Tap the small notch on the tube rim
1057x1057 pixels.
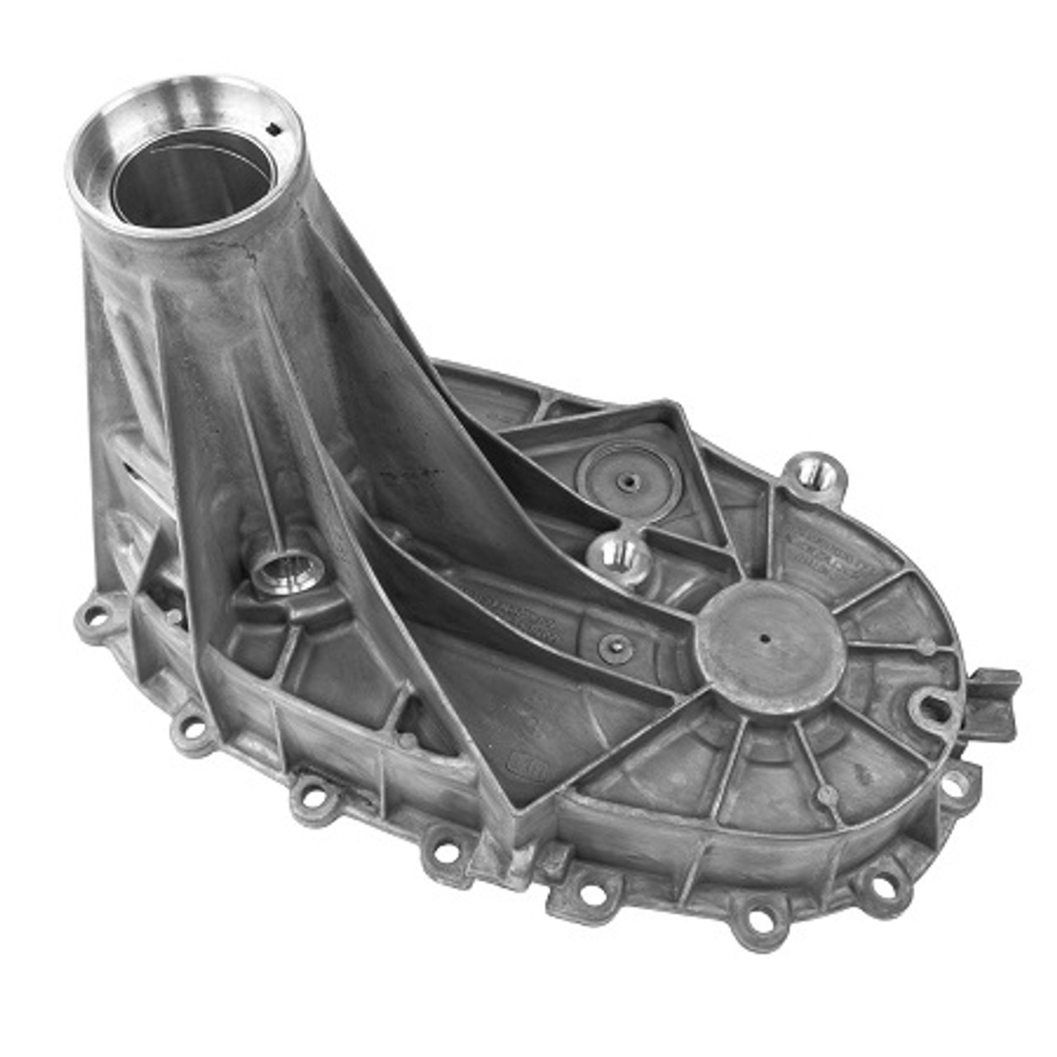tap(275, 127)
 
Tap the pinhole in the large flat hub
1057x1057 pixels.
tap(766, 638)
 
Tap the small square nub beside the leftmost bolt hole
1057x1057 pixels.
tap(173, 616)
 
